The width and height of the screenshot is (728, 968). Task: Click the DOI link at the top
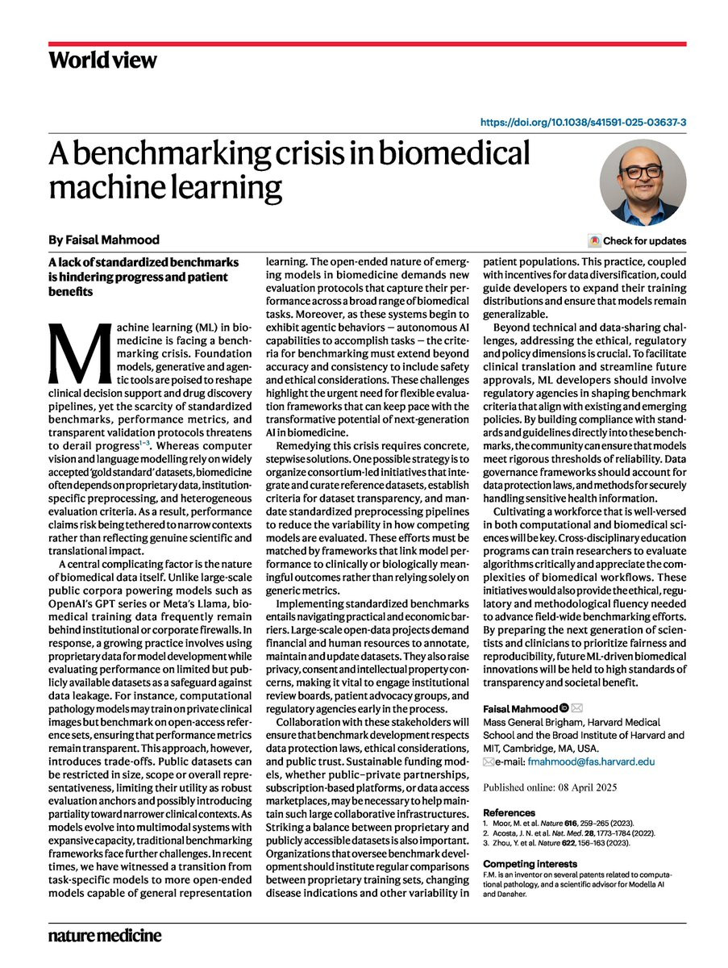(583, 123)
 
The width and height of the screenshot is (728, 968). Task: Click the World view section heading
(102, 60)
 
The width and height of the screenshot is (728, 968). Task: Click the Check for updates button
(638, 240)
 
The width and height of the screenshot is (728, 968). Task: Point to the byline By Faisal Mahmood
(104, 240)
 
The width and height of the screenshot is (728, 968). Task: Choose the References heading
(509, 812)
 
